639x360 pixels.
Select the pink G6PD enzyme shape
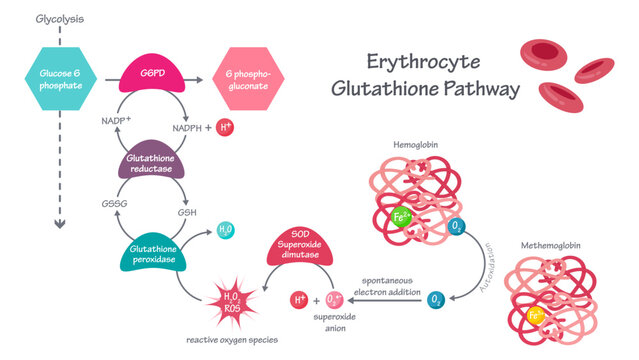[153, 73]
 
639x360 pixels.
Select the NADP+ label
[117, 121]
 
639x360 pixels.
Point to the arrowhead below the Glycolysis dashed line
[59, 224]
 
